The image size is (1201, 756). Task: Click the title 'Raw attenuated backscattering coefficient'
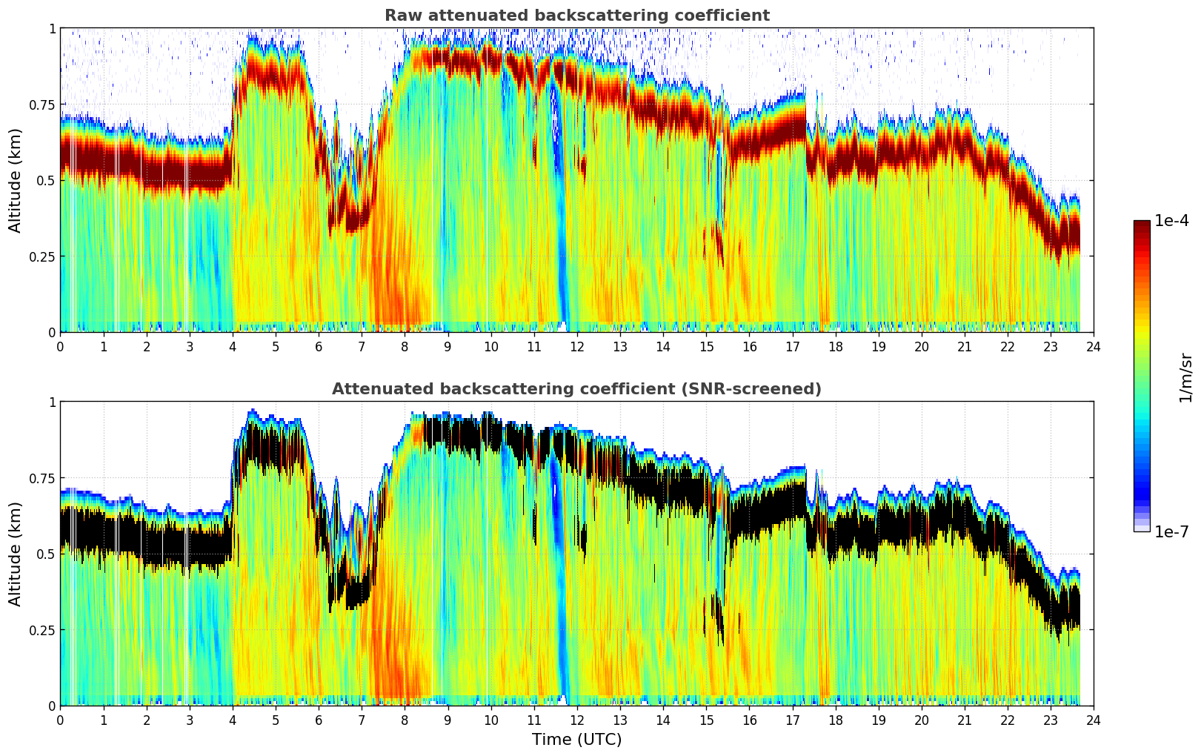576,16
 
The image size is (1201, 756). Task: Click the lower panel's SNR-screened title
576,389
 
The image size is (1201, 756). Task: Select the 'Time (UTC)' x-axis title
576,740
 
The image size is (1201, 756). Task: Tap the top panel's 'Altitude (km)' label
16,180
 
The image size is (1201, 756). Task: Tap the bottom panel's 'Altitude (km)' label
16,554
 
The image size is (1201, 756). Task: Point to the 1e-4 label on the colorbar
1171,221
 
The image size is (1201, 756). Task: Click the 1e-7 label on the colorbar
1171,531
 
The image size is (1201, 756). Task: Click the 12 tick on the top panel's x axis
577,346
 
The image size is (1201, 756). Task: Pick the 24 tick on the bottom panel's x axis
1094,720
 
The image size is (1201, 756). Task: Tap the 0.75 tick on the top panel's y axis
41,105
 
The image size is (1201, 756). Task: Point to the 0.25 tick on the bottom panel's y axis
41,630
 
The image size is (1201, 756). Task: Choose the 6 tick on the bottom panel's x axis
319,720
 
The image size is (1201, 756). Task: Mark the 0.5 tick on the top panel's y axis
45,180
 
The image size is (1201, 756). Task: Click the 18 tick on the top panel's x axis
835,346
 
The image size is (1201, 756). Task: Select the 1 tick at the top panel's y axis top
52,28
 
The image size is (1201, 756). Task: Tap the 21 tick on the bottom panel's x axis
965,720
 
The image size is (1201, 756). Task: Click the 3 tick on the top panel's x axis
190,346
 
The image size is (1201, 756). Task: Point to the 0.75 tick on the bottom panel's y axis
41,478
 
